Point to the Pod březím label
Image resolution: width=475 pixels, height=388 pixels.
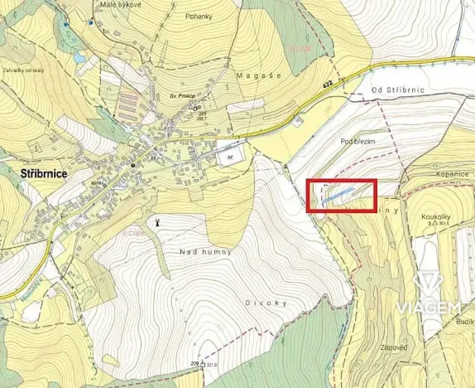pos(357,142)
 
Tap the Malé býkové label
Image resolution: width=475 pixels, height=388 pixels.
pos(119,3)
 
